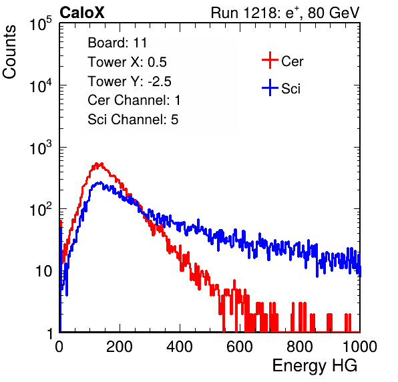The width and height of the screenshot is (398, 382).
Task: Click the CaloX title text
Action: pos(82,13)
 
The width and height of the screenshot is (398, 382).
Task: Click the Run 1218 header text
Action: pos(285,13)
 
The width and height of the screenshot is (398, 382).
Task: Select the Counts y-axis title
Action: pos(9,52)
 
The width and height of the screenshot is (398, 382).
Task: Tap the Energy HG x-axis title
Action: pos(315,366)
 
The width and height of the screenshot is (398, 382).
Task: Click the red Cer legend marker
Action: pos(270,60)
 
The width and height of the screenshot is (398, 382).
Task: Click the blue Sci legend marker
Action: pos(270,87)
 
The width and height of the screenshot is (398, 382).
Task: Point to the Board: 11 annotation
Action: pos(118,43)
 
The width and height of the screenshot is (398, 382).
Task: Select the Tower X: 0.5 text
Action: pos(127,62)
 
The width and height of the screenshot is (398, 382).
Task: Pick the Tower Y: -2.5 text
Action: pos(130,81)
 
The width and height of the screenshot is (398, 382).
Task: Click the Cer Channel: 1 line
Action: pos(134,100)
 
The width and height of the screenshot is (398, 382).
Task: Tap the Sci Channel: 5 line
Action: pos(133,120)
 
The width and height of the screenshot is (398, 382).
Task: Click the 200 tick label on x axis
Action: pos(120,347)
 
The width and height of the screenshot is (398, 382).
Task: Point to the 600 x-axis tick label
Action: pos(240,347)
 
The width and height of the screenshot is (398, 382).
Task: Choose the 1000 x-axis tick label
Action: pos(360,347)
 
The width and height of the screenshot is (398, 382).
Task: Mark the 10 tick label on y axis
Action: pos(44,272)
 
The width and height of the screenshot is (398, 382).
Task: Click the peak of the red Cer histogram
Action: pos(97,163)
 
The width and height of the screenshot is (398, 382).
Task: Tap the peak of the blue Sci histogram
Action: pos(101,182)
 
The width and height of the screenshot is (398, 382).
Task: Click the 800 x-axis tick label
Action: pos(300,347)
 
